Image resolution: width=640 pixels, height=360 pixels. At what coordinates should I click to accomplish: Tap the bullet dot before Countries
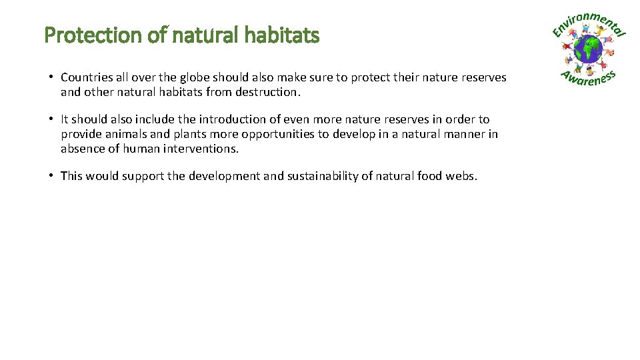[51, 77]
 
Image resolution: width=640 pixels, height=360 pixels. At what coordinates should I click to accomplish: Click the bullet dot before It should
[51, 119]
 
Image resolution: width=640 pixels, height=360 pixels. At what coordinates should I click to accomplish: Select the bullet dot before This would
[51, 175]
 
